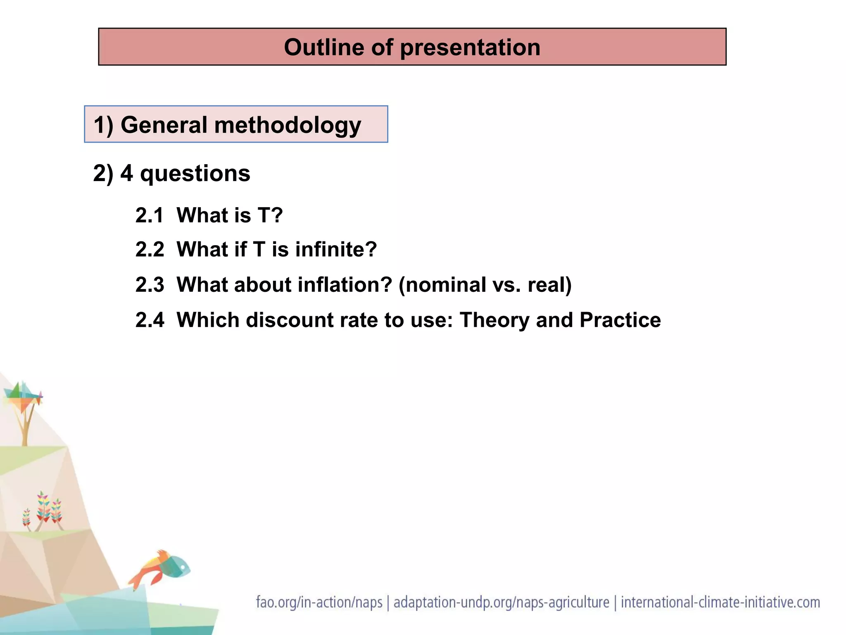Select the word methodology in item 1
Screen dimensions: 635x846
click(x=288, y=125)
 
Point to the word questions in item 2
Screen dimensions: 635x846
click(x=195, y=174)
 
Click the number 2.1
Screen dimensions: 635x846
click(x=150, y=215)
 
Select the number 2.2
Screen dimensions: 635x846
click(x=150, y=250)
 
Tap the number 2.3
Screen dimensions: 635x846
click(x=150, y=285)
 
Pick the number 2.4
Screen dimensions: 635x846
click(x=150, y=320)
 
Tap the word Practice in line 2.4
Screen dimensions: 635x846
click(x=620, y=320)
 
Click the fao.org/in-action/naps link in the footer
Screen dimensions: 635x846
click(x=319, y=602)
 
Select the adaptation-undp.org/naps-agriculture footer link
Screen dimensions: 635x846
click(x=501, y=602)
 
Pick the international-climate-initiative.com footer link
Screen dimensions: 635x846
click(x=720, y=602)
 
